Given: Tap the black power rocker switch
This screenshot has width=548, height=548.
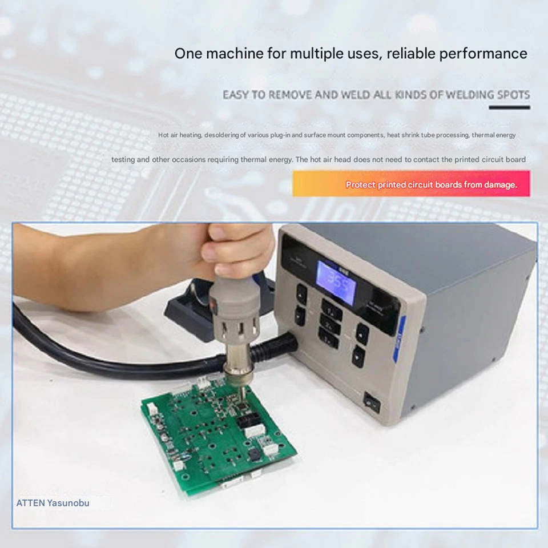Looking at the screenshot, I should point(372,403).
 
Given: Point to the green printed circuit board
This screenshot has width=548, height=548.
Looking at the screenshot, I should point(217,434).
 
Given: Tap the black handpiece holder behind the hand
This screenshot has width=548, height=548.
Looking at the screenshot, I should point(188,308).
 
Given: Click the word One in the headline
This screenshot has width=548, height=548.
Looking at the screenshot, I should point(188,54).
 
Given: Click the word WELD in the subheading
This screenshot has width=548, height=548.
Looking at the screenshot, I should point(356,94).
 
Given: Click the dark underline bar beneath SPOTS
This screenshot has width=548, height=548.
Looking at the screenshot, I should point(510,107).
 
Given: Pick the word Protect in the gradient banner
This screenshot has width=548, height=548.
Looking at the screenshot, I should point(361,184).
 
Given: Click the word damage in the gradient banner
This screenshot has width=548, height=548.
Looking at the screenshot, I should point(500,184).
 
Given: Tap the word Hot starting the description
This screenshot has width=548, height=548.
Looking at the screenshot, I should point(164,135).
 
